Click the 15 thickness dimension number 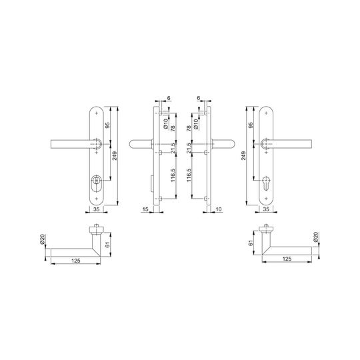pyautogui.click(x=145, y=209)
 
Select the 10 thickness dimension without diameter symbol pyautogui.click(x=219, y=209)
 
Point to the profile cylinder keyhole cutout pyautogui.click(x=266, y=183)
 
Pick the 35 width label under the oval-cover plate pyautogui.click(x=97, y=209)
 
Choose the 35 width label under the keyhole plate pyautogui.click(x=266, y=209)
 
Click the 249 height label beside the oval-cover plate pyautogui.click(x=115, y=155)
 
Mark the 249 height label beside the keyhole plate pyautogui.click(x=243, y=155)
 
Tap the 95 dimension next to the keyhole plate pyautogui.click(x=251, y=125)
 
